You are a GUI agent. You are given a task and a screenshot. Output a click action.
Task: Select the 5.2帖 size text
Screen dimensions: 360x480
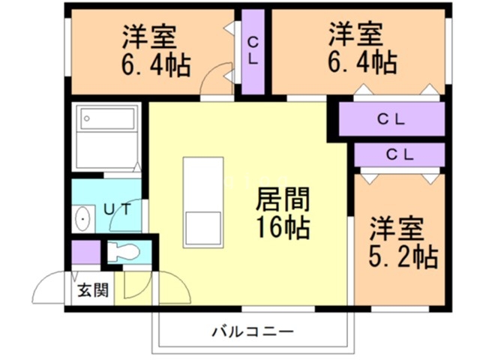click(402, 257)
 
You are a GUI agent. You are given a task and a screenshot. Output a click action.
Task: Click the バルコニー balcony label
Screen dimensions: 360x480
click(251, 331)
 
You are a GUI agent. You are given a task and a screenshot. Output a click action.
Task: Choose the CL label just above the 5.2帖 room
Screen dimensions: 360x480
click(399, 155)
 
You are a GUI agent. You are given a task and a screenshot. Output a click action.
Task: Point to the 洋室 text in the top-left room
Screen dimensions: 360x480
click(150, 35)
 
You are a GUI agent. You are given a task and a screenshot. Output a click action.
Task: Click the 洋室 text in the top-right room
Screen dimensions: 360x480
click(355, 35)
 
